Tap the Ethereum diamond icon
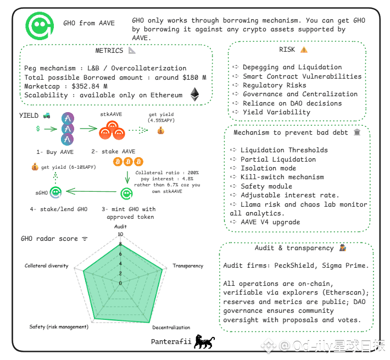click(194, 95)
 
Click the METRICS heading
click(109, 51)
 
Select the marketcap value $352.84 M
click(90, 86)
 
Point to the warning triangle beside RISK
click(304, 49)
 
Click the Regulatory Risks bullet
click(270, 85)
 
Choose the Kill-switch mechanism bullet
click(282, 177)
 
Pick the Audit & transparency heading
click(294, 248)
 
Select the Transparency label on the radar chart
click(188, 265)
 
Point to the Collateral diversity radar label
click(47, 265)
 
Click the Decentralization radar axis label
click(171, 328)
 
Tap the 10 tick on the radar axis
click(120, 234)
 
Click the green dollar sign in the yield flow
click(37, 128)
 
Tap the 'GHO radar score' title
click(50, 239)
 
